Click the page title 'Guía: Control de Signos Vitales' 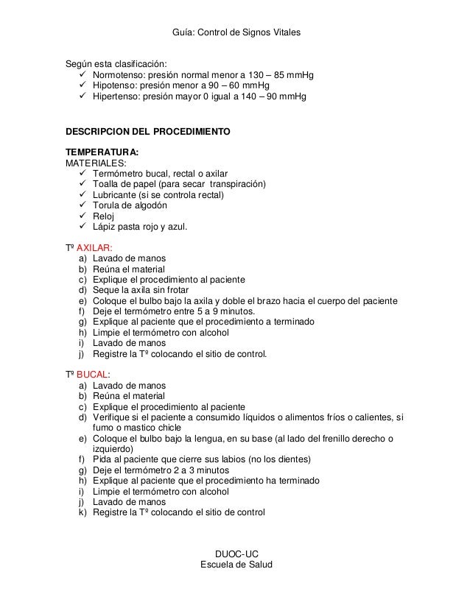[x=235, y=33]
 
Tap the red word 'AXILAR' [x=94, y=248]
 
